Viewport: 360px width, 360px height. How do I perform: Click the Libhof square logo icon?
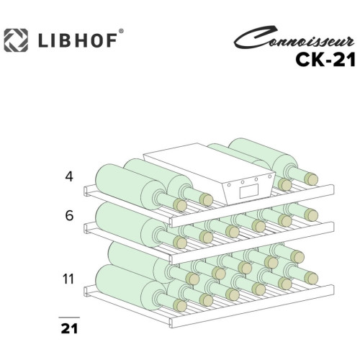16,40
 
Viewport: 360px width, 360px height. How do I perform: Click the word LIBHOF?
78,40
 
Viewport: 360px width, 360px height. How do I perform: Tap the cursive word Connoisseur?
294,38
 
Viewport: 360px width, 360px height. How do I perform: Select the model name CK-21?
325,60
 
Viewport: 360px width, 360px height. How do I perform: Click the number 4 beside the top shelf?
69,176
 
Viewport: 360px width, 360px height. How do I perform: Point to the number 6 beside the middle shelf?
69,215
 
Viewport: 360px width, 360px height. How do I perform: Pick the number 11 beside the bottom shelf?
68,279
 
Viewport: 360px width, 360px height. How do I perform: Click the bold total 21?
69,328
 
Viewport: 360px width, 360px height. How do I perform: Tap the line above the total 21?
69,318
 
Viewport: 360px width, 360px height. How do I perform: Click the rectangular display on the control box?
249,191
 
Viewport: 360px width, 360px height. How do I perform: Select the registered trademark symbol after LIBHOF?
121,31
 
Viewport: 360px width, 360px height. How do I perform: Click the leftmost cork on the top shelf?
180,205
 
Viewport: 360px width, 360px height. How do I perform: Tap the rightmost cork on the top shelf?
311,179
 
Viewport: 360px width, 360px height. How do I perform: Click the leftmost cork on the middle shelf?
180,242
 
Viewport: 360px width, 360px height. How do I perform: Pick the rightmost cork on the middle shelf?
311,215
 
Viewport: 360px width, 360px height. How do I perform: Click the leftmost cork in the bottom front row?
180,305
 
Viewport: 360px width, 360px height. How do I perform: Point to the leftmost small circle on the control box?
229,185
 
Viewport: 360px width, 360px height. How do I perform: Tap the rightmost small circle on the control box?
270,176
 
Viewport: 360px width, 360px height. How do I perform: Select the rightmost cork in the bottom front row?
311,278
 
